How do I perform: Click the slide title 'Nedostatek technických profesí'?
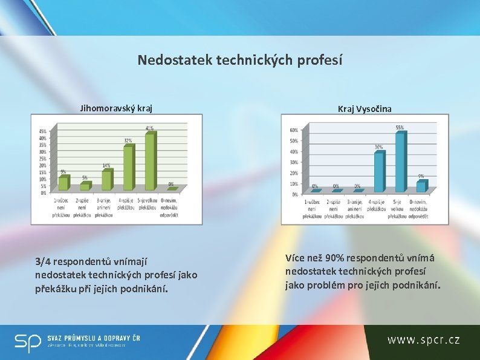239,60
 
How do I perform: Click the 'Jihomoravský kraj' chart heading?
116,109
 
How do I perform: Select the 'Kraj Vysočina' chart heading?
365,109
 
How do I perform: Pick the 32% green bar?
128,169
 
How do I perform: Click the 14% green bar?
106,180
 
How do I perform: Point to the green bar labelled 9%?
63,183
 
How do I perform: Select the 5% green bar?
85,186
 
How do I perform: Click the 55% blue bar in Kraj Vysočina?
400,162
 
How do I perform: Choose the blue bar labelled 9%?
420,187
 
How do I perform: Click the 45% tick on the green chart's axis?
43,131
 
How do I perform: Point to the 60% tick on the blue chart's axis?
294,130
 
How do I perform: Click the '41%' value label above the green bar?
149,128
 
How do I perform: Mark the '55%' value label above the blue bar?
400,128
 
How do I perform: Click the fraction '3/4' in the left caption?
43,262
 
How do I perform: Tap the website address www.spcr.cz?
423,340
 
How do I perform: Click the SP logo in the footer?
27,342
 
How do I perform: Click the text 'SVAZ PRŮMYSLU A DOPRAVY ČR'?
93,338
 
